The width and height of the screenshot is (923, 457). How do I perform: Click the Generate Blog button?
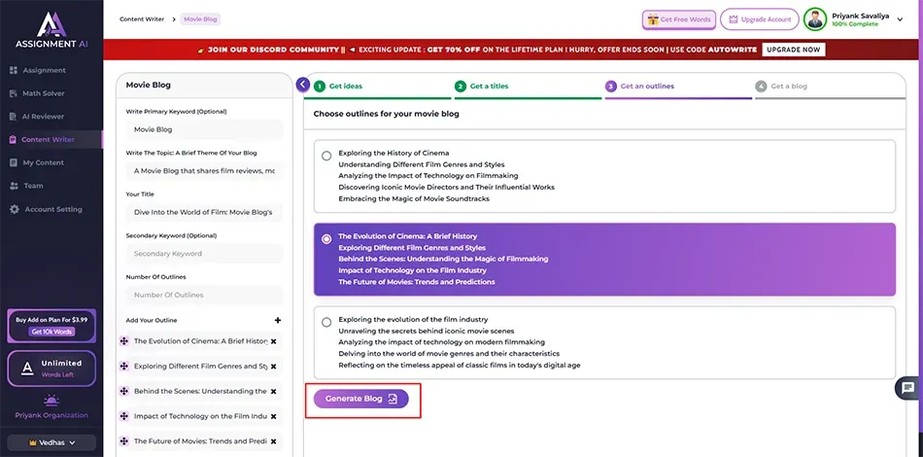click(x=360, y=399)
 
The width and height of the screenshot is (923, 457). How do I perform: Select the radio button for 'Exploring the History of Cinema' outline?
click(x=326, y=157)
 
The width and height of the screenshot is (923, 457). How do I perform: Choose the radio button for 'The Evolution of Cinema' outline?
click(x=326, y=239)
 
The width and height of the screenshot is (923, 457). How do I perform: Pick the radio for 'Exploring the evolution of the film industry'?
click(x=326, y=322)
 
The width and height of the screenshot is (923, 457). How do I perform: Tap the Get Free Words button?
click(x=679, y=19)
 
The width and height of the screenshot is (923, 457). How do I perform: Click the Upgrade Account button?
click(x=760, y=19)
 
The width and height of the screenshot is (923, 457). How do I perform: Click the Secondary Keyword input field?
click(x=204, y=254)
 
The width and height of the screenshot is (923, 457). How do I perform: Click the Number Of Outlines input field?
click(x=204, y=295)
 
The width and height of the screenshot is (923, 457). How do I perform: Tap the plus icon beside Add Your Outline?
click(x=278, y=320)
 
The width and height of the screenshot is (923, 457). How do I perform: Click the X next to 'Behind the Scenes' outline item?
click(x=273, y=392)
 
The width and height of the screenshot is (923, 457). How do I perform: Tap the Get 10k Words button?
click(x=51, y=332)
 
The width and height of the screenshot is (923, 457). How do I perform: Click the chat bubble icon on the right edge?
click(x=908, y=388)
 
